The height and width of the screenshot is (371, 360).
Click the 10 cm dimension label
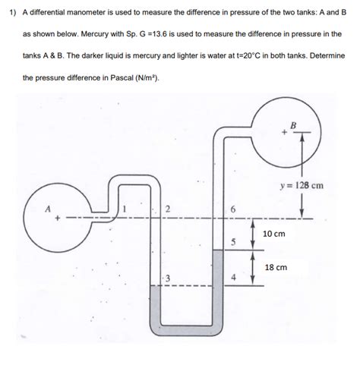(x=273, y=234)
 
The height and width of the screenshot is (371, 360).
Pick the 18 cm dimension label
(x=275, y=267)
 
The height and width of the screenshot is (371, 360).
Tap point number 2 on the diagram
(x=168, y=209)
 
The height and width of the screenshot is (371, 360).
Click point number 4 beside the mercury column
(x=234, y=277)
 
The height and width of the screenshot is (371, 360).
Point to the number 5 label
(x=234, y=241)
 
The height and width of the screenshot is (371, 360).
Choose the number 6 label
(x=234, y=209)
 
